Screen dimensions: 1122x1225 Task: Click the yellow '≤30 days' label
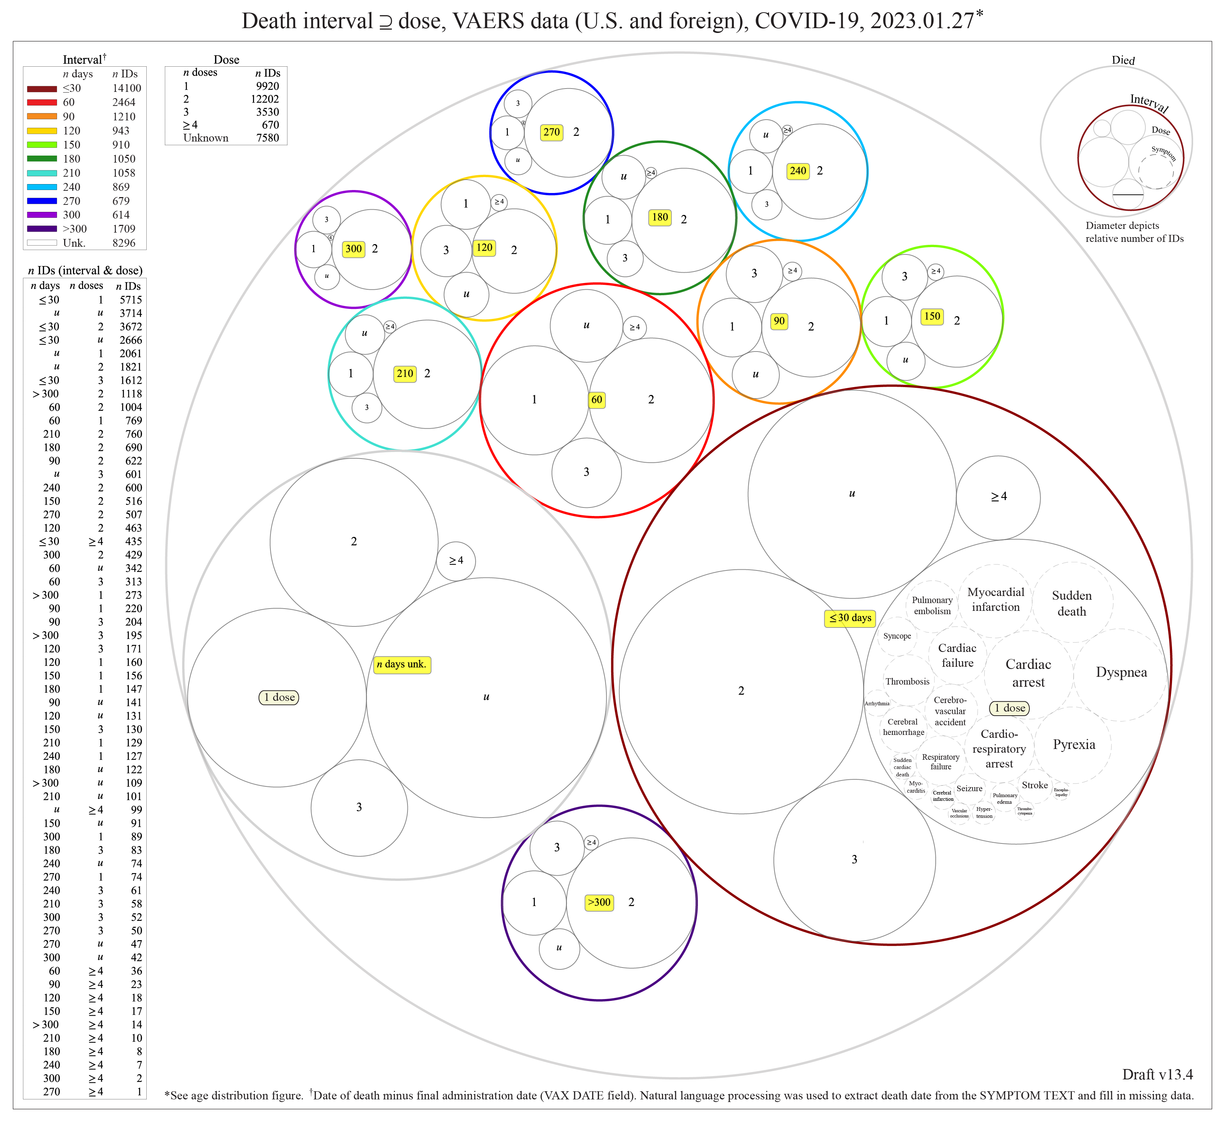(x=849, y=618)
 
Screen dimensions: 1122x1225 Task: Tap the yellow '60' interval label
(x=597, y=400)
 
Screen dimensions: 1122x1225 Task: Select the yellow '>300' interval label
(x=599, y=903)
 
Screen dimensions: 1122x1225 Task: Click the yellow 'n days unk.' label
(x=402, y=665)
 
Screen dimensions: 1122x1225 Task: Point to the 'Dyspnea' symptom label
(x=1121, y=672)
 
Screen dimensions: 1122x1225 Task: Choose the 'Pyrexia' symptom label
(x=1074, y=745)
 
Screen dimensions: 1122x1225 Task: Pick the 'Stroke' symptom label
(x=1035, y=785)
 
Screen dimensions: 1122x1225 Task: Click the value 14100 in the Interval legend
(x=126, y=89)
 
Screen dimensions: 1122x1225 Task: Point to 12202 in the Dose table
(x=266, y=99)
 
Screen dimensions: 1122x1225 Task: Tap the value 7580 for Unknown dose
(x=267, y=138)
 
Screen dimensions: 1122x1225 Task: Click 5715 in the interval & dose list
(x=131, y=300)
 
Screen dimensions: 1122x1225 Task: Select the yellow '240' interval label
(x=798, y=171)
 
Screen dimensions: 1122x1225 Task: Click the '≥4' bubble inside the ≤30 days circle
(x=998, y=497)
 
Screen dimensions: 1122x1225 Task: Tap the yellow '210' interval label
(x=405, y=374)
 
